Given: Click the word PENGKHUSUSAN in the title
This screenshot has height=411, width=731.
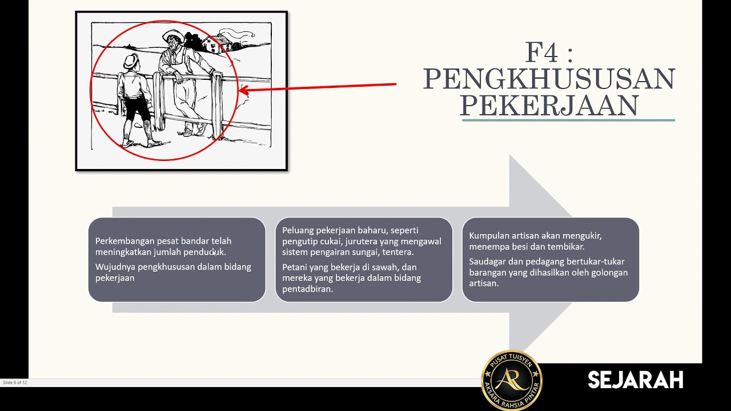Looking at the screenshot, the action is tap(549, 79).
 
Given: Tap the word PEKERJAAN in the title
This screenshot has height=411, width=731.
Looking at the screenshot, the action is tap(549, 105).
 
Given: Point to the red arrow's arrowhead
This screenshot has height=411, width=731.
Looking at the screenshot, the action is tap(244, 90).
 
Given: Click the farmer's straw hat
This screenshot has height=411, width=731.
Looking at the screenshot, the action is tap(173, 35).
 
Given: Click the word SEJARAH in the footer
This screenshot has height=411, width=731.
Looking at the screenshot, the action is tap(636, 380).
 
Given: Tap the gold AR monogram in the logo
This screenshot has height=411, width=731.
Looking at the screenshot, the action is tap(511, 380).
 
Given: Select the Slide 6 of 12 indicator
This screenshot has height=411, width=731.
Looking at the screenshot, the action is tap(15, 382).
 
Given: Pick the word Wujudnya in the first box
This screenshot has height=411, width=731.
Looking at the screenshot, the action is tap(115, 267).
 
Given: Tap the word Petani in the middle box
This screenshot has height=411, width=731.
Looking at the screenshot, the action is tap(295, 267).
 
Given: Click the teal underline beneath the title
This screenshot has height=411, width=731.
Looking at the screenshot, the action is tap(568, 120).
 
